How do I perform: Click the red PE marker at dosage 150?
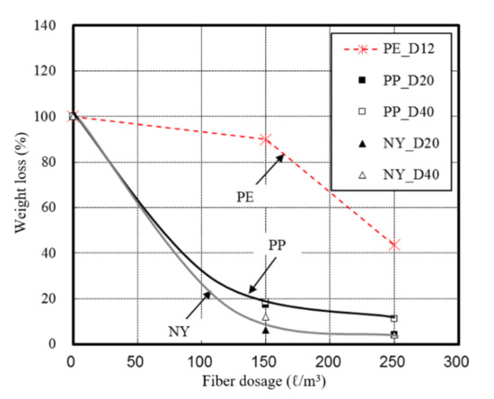coord(265,139)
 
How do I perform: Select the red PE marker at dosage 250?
coord(393,244)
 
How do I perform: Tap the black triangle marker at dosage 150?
coord(265,330)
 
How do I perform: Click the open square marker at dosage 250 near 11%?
coord(393,318)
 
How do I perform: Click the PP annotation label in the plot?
coord(277,245)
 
